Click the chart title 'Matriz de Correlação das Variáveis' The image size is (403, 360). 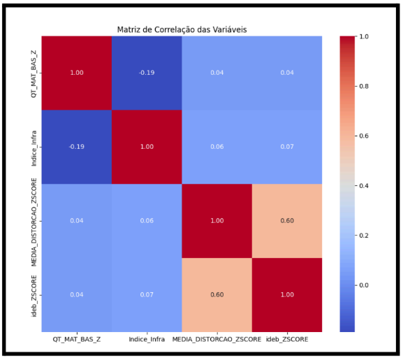tap(182, 30)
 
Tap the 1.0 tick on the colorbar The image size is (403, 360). tap(364, 36)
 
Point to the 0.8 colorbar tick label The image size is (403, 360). tap(364, 86)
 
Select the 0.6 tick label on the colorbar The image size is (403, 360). tap(364, 136)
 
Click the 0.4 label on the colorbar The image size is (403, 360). tap(364, 186)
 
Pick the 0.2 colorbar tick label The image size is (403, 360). tap(364, 236)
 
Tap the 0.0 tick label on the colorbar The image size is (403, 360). tap(364, 285)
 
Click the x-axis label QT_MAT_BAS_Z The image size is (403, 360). tap(77, 340)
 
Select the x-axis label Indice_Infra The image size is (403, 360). tap(147, 340)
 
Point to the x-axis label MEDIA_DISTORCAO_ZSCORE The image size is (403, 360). tap(217, 340)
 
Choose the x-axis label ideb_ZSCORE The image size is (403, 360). tap(287, 340)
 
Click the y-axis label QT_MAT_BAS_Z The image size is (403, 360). tap(34, 73)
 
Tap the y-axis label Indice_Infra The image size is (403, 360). tap(34, 148)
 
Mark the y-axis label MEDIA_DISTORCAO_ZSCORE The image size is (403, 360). tap(34, 222)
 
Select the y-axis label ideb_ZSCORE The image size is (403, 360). tap(34, 296)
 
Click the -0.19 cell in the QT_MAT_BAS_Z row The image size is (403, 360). tap(147, 73)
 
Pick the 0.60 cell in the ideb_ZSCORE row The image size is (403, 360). tap(217, 295)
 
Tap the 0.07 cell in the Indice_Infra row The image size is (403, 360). tap(287, 147)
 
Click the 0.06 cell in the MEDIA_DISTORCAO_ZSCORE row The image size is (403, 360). tap(147, 221)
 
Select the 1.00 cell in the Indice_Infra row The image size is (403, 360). tap(147, 147)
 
